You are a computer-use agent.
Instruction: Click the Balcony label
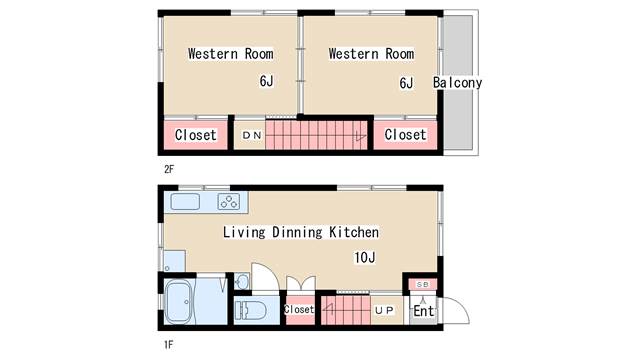coord(457,83)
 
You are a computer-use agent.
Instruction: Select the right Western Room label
coord(370,53)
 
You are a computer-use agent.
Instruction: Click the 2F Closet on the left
coord(196,135)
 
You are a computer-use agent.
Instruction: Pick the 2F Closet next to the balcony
coord(405,135)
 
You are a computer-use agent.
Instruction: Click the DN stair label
coord(249,135)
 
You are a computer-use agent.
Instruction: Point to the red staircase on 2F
coord(318,134)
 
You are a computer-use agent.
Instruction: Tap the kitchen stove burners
coord(229,201)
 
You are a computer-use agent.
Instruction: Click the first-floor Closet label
coord(298,310)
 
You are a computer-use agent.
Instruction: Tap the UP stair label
coord(385,310)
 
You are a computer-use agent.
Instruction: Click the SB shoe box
coord(421,284)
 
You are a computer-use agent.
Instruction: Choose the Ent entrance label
coord(423,311)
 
